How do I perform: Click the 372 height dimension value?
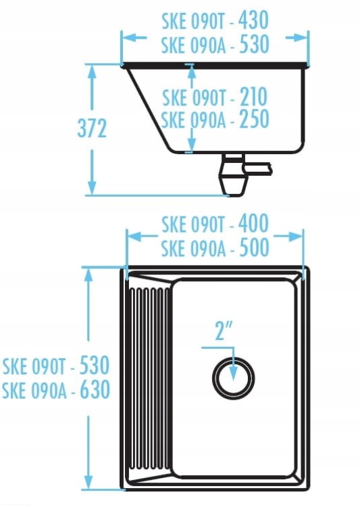point(92,128)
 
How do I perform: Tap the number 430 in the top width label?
point(253,20)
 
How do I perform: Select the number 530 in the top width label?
point(254,45)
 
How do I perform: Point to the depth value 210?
point(253,97)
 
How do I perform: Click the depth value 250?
point(254,119)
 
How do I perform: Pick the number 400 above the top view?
point(253,224)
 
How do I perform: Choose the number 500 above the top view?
point(254,247)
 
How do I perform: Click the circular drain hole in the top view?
point(233,379)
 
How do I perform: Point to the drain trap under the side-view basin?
point(233,174)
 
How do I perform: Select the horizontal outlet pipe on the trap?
point(259,168)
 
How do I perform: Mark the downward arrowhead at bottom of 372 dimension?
point(92,187)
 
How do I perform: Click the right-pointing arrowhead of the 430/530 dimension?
point(300,38)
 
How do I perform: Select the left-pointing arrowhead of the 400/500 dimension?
point(135,237)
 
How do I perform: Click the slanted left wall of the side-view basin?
point(148,110)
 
